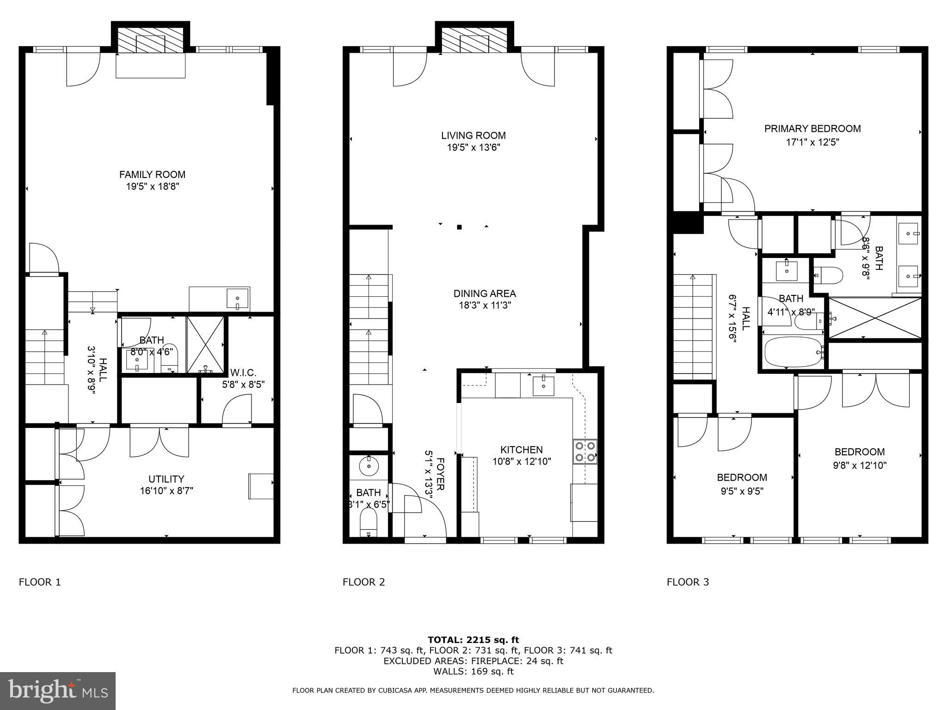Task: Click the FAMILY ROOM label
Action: click(x=152, y=175)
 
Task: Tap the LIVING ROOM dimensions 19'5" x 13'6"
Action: click(x=473, y=147)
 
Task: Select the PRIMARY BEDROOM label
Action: click(x=812, y=129)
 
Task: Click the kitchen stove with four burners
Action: click(x=585, y=452)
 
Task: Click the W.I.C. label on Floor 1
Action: click(x=243, y=373)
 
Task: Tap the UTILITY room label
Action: click(x=166, y=479)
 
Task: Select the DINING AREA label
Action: click(x=484, y=294)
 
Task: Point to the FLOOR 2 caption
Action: click(x=363, y=582)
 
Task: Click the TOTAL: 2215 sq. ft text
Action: click(x=473, y=640)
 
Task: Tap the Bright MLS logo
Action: click(x=58, y=691)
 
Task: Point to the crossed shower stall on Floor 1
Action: click(x=205, y=344)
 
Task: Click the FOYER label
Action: click(x=440, y=474)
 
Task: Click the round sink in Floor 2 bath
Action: click(x=369, y=466)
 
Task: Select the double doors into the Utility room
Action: click(x=159, y=441)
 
